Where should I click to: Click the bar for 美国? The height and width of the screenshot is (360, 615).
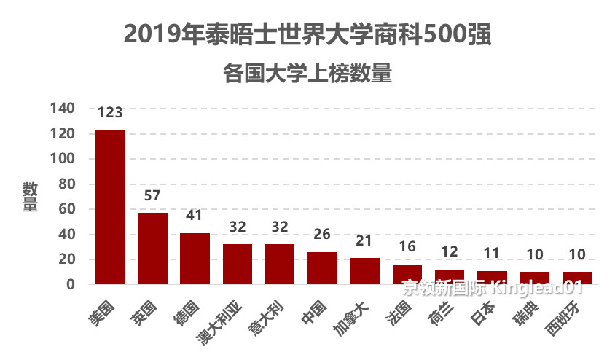[x=110, y=207]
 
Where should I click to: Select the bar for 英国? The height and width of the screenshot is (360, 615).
[x=152, y=249]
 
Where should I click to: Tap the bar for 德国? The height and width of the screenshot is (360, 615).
[x=195, y=259]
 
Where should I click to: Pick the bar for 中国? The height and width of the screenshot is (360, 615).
[x=322, y=268]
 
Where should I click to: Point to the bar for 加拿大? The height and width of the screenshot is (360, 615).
[x=364, y=271]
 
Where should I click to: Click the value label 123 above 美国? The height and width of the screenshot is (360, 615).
[x=110, y=113]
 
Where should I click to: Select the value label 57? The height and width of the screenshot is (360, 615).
[x=152, y=197]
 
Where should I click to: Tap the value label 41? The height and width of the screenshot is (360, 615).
[x=195, y=216]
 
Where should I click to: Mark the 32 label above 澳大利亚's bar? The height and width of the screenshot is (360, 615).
[x=238, y=227]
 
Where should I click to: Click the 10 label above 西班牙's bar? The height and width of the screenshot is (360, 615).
[x=576, y=255]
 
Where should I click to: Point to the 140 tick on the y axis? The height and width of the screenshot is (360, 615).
[x=63, y=109]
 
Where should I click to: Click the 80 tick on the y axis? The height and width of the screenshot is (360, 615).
[x=67, y=184]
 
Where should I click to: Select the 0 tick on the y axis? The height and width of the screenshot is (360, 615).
[x=71, y=284]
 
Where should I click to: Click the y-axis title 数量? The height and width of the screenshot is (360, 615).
[x=31, y=197]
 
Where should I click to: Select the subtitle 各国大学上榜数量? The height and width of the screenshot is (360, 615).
[x=307, y=74]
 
